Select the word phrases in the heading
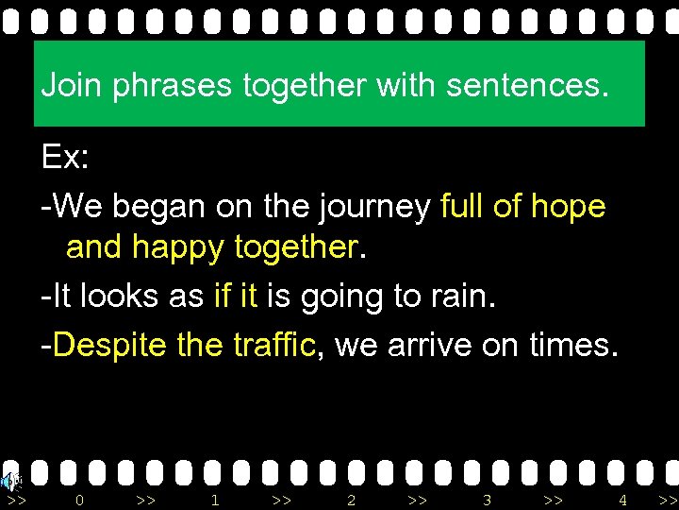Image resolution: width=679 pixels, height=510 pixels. point(173,87)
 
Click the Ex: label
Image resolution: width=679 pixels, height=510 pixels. point(65,157)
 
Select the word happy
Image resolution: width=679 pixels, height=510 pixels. point(177,248)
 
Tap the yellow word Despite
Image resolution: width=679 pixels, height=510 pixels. point(110,345)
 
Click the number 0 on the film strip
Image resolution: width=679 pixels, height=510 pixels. point(79,500)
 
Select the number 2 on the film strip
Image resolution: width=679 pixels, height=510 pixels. point(351,500)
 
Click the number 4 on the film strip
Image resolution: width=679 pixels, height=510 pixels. point(622,500)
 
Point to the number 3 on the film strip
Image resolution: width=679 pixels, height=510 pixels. point(487,500)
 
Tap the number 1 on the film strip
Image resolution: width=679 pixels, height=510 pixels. point(215,500)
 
